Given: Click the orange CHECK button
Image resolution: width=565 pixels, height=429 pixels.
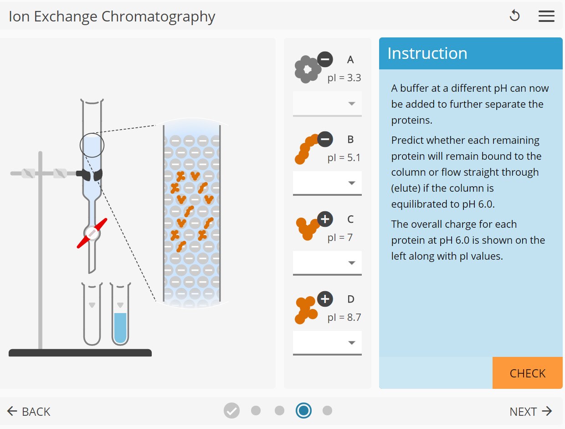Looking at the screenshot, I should [x=527, y=373].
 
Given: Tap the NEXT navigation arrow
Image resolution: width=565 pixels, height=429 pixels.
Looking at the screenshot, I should [x=531, y=412].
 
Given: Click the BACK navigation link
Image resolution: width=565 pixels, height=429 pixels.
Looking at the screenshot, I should [x=29, y=412].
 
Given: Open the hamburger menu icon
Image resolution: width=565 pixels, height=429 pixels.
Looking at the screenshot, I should [x=546, y=16].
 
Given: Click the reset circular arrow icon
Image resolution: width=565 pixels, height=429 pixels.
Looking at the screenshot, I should [x=514, y=16].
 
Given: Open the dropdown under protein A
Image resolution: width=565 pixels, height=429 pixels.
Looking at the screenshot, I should [x=327, y=104].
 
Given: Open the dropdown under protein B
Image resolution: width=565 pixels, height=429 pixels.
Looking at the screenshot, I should [x=327, y=183].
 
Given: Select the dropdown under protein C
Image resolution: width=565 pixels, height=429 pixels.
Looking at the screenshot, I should [x=327, y=263].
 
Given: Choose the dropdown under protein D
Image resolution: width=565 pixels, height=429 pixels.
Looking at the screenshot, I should [x=327, y=343].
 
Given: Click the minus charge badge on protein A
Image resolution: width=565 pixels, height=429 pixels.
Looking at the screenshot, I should [x=325, y=59].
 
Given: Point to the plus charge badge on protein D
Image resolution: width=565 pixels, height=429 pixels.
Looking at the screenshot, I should [x=325, y=299].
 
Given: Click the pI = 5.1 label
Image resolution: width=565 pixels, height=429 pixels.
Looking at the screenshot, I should [x=344, y=158].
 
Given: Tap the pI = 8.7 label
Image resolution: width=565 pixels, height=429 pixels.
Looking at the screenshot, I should [x=344, y=318].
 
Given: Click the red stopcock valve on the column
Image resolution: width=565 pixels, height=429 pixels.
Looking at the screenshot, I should [x=92, y=233].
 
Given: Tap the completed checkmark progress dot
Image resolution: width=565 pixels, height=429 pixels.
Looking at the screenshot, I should [x=231, y=411].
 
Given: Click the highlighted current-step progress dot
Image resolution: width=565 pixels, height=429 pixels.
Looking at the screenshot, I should [x=303, y=411].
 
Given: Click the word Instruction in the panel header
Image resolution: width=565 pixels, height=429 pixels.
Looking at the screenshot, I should [x=427, y=53].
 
